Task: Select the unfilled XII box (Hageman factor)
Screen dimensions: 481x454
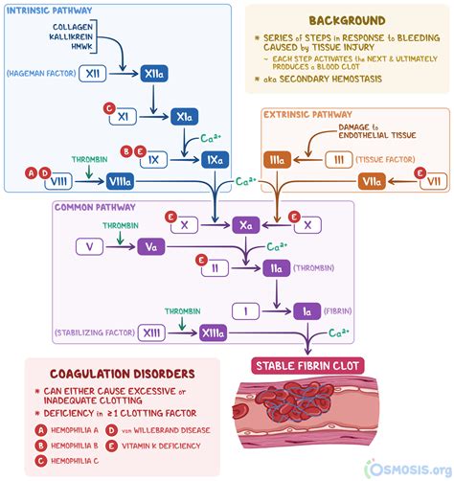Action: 93,73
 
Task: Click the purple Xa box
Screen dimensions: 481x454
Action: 246,225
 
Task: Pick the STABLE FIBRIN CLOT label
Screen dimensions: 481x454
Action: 306,364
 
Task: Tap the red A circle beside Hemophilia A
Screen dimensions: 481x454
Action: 41,430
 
